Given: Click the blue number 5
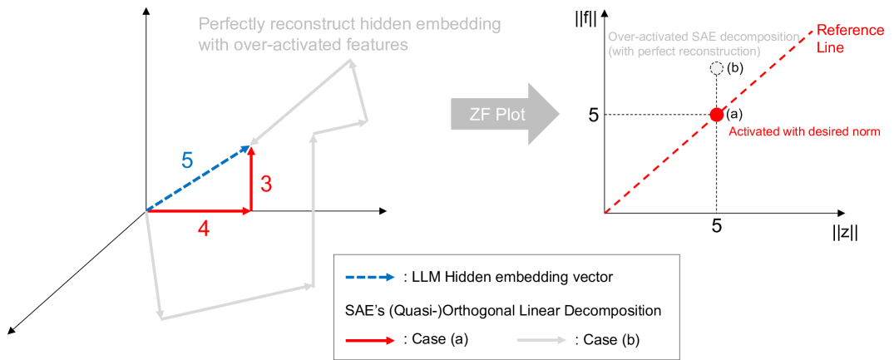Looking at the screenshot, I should tap(187, 160).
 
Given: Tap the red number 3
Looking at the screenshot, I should tap(266, 184).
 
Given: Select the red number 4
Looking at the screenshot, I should tap(203, 228).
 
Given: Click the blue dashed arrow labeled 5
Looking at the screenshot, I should tap(198, 179).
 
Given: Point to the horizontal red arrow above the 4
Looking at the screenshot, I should tap(200, 212).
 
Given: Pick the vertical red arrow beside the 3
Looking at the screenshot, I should tap(251, 179).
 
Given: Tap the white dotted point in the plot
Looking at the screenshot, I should tap(716, 69).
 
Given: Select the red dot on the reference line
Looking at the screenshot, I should tap(715, 115).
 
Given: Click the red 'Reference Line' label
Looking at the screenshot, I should tap(848, 39).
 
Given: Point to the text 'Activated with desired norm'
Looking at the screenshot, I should tap(803, 131).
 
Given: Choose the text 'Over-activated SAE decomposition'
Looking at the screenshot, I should tap(704, 37).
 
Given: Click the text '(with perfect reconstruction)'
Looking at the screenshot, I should tap(684, 52).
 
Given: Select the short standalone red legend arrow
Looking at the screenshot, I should tap(370, 340).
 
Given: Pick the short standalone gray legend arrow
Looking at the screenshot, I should tap(541, 339).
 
